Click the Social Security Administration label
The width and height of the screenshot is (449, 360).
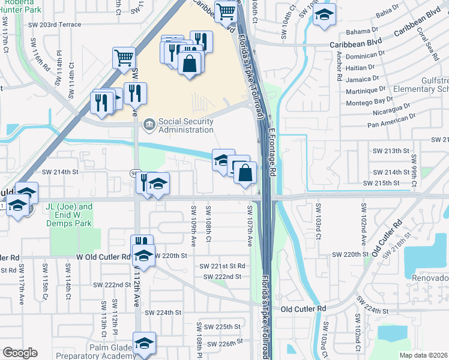185,125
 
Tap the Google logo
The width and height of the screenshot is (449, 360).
20,353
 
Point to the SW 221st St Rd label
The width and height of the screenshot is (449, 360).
223,266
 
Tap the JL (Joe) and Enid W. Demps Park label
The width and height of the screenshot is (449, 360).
68,215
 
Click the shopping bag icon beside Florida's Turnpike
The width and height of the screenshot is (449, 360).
246,172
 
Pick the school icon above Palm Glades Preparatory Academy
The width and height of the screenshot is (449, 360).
144,343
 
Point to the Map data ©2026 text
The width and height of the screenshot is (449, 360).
424,355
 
